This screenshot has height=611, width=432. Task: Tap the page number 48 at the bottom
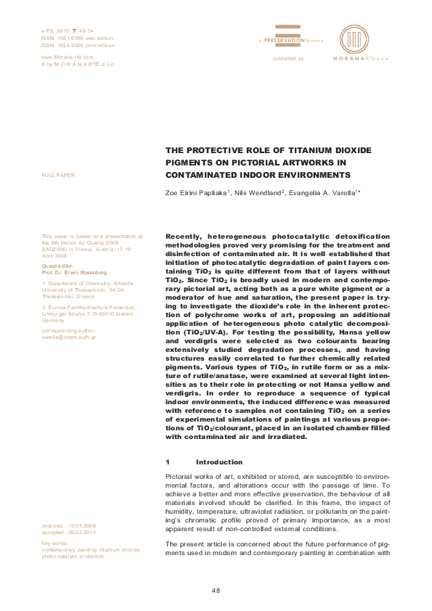(216, 591)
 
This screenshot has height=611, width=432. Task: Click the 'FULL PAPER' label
(59, 176)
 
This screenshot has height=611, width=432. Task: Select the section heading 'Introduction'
(219, 462)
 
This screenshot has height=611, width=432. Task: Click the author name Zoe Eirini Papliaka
(197, 194)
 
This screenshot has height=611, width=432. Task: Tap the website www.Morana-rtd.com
(68, 57)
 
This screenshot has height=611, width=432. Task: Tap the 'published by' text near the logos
(288, 58)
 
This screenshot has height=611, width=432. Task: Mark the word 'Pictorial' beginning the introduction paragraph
(181, 477)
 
